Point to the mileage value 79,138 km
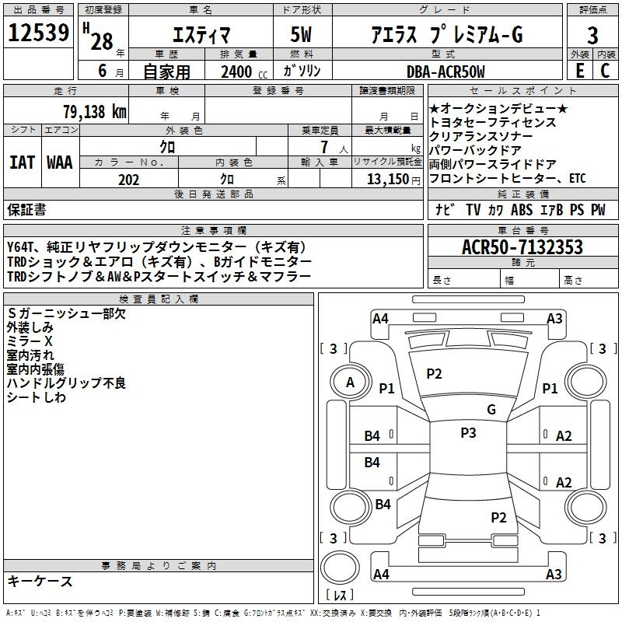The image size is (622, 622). coord(93,111)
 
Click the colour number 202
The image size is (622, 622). coord(128,180)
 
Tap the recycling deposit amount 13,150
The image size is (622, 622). coord(384,180)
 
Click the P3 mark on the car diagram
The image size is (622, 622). coord(467,433)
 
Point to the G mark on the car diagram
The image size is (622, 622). coord(491,410)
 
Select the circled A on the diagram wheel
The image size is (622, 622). coord(350,382)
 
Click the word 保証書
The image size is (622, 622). coord(26,209)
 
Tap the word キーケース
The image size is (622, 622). coord(40,581)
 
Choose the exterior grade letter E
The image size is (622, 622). coord(578,72)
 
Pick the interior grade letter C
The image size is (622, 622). coord(605,72)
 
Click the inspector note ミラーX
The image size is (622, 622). coord(30,341)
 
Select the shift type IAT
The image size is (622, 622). coord(21,162)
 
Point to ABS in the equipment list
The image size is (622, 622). coord(522,209)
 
